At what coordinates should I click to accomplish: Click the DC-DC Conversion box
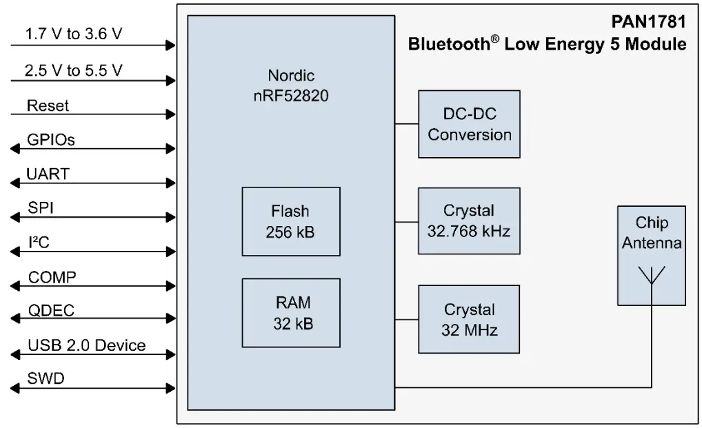(x=469, y=125)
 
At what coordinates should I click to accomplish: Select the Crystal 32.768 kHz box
(x=469, y=221)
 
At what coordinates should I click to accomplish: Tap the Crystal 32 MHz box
(x=469, y=319)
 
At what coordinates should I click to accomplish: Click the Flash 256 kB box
(x=290, y=221)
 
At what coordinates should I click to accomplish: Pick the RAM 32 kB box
(x=290, y=312)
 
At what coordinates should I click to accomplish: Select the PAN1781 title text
(x=648, y=22)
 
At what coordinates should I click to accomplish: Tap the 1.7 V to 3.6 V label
(x=73, y=34)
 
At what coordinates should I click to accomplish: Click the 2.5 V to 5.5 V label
(x=73, y=70)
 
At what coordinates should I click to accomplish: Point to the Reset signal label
(x=48, y=106)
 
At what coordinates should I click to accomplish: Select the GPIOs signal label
(x=50, y=140)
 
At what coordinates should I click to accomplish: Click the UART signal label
(x=48, y=174)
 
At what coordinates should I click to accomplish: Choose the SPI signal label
(x=40, y=207)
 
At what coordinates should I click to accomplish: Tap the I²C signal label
(x=39, y=241)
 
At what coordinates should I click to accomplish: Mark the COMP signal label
(x=52, y=277)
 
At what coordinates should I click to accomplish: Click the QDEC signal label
(x=50, y=310)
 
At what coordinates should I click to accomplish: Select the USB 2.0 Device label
(x=86, y=345)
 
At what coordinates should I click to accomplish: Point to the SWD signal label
(x=46, y=378)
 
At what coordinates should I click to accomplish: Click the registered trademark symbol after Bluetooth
(x=496, y=40)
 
